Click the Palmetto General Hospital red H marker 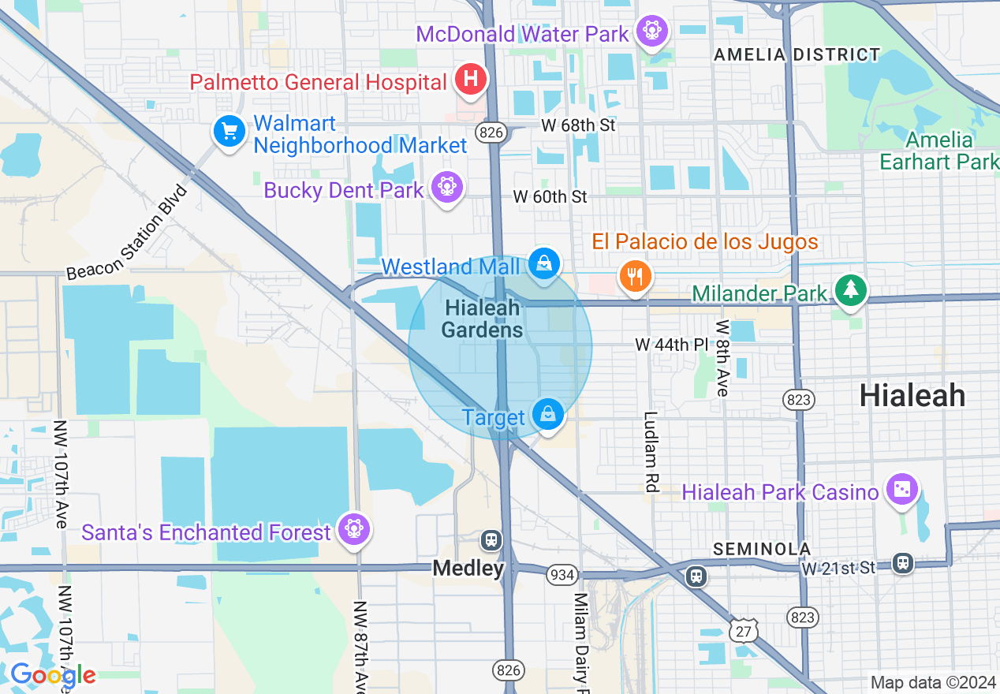pos(471,80)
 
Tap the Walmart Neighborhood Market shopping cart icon pos(229,131)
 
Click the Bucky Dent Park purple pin pos(447,187)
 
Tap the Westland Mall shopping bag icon pos(543,263)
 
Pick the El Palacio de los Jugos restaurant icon pos(635,276)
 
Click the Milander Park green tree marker pos(850,290)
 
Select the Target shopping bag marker pos(547,413)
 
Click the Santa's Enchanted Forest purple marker pos(354,530)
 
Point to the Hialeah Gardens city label pos(482,319)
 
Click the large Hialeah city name pos(912,395)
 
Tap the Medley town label pos(468,568)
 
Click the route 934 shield pos(562,575)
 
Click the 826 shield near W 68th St pos(491,132)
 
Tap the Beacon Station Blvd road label pos(128,233)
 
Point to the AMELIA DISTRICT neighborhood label pos(797,55)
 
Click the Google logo pos(53,675)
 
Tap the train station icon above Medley pos(491,540)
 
